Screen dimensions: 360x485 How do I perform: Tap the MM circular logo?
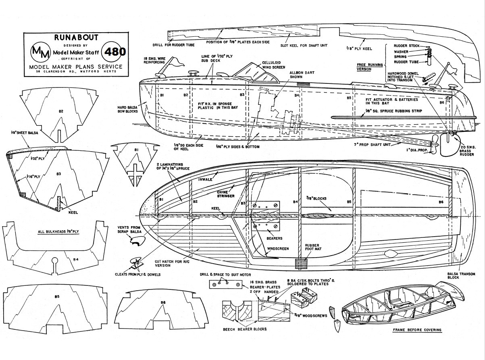[x=40, y=52]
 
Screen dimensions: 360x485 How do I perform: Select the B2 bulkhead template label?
[x=61, y=110]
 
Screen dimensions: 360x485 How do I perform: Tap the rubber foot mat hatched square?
[x=301, y=264]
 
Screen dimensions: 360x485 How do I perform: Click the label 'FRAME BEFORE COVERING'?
[x=417, y=330]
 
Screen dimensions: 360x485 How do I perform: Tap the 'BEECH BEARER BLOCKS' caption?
[x=244, y=329]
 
